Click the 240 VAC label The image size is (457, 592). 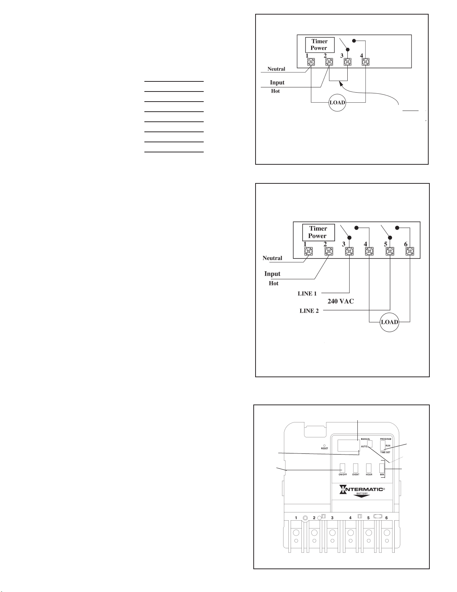(341, 301)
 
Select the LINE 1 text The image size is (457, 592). (307, 294)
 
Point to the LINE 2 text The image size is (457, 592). (309, 311)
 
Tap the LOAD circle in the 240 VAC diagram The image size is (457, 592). (389, 322)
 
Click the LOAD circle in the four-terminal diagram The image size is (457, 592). (337, 103)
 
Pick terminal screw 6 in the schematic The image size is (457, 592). (410, 251)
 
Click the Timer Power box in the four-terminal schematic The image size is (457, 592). (319, 45)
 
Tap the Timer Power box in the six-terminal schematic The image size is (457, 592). (317, 232)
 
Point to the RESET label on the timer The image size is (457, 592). (325, 449)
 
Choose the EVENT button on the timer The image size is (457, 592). (356, 468)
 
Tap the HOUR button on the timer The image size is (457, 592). (369, 468)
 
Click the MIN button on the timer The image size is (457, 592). (382, 468)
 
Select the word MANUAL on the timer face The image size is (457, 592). (366, 439)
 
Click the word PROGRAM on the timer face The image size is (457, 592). (386, 439)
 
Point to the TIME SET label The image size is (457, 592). (385, 452)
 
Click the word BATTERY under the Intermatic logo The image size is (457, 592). (361, 493)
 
